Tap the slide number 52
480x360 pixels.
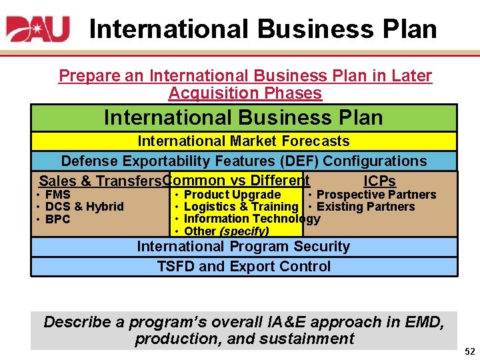pos(469,351)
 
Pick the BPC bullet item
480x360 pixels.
pos(57,219)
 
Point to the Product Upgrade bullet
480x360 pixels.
pos(232,195)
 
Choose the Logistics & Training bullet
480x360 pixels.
pos(240,207)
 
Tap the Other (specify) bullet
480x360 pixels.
pos(226,231)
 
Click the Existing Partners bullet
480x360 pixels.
pos(366,207)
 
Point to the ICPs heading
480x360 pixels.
pos(379,181)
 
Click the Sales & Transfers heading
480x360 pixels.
pos(100,181)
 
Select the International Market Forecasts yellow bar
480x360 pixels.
pos(243,141)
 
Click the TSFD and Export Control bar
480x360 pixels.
pos(243,267)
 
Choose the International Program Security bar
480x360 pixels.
pos(243,247)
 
